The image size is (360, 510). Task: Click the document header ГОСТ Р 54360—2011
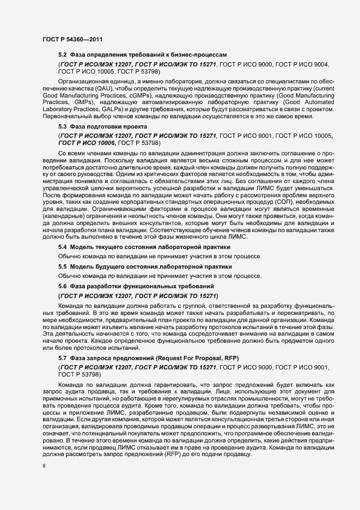pyautogui.click(x=70, y=39)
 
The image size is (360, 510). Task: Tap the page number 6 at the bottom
pyautogui.click(x=43, y=466)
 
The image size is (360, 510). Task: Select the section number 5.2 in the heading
pyautogui.click(x=63, y=55)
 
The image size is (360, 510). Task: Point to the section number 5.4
pyautogui.click(x=63, y=247)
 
